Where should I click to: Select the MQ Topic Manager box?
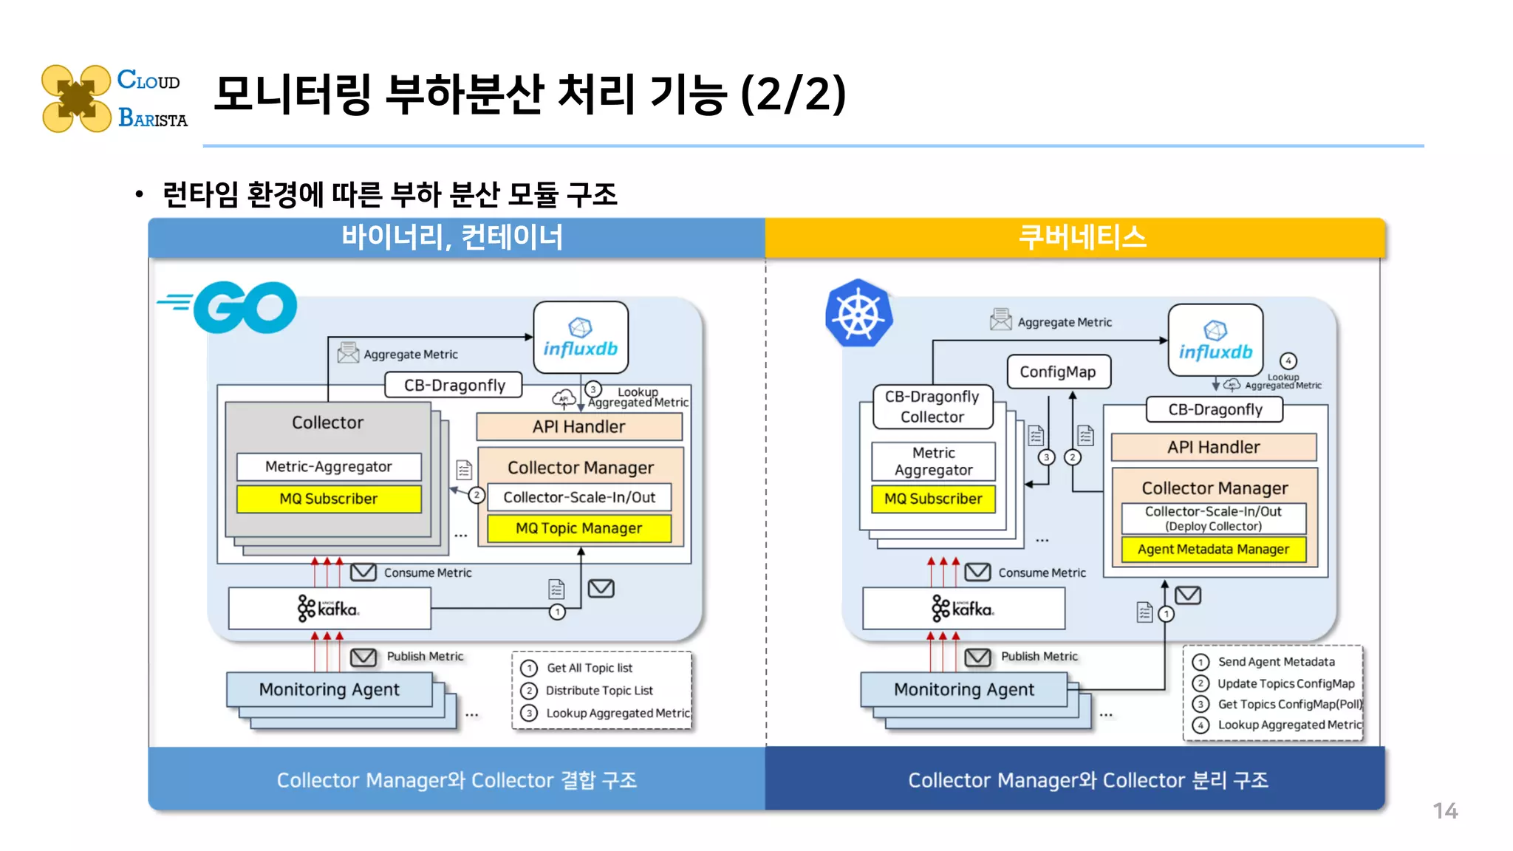click(x=579, y=528)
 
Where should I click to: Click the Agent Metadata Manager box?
click(x=1213, y=549)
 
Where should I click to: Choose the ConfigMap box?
click(x=1058, y=372)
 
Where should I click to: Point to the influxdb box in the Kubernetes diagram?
click(x=1215, y=341)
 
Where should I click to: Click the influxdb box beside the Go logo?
click(x=581, y=338)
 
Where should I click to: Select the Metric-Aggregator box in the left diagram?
click(x=329, y=467)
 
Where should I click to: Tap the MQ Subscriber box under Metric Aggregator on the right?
click(x=933, y=499)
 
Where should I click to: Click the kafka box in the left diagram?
click(x=329, y=609)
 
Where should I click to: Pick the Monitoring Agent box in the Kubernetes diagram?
click(x=963, y=689)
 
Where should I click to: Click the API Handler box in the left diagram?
click(x=579, y=427)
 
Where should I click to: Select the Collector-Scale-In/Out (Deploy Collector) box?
click(x=1213, y=519)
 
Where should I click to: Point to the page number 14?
click(x=1445, y=811)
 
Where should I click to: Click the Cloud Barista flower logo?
click(x=76, y=98)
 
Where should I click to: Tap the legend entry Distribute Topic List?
click(x=599, y=691)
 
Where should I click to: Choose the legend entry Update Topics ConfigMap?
click(x=1285, y=683)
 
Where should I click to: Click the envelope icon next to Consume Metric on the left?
click(x=363, y=573)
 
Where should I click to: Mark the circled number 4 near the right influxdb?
click(x=1288, y=360)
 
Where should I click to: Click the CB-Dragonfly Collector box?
click(x=932, y=406)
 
